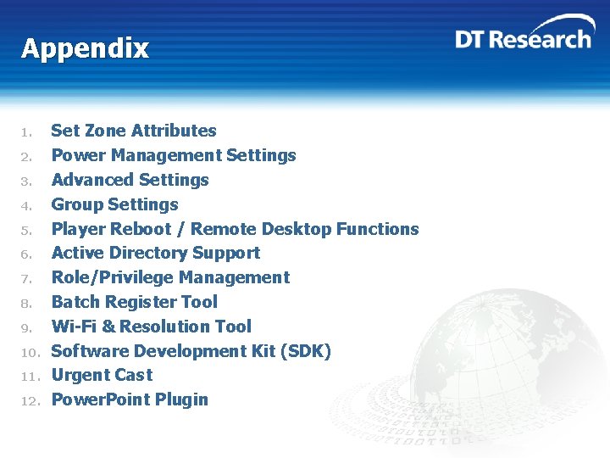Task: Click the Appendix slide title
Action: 85,48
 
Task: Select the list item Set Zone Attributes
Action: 134,131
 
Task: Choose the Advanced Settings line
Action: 130,180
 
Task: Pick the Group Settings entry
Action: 114,204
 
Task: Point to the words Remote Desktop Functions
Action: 305,229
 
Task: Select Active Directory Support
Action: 156,253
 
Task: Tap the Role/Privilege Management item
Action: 170,277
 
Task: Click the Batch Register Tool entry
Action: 134,302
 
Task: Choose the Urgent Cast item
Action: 102,375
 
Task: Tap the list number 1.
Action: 27,132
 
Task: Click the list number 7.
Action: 27,279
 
